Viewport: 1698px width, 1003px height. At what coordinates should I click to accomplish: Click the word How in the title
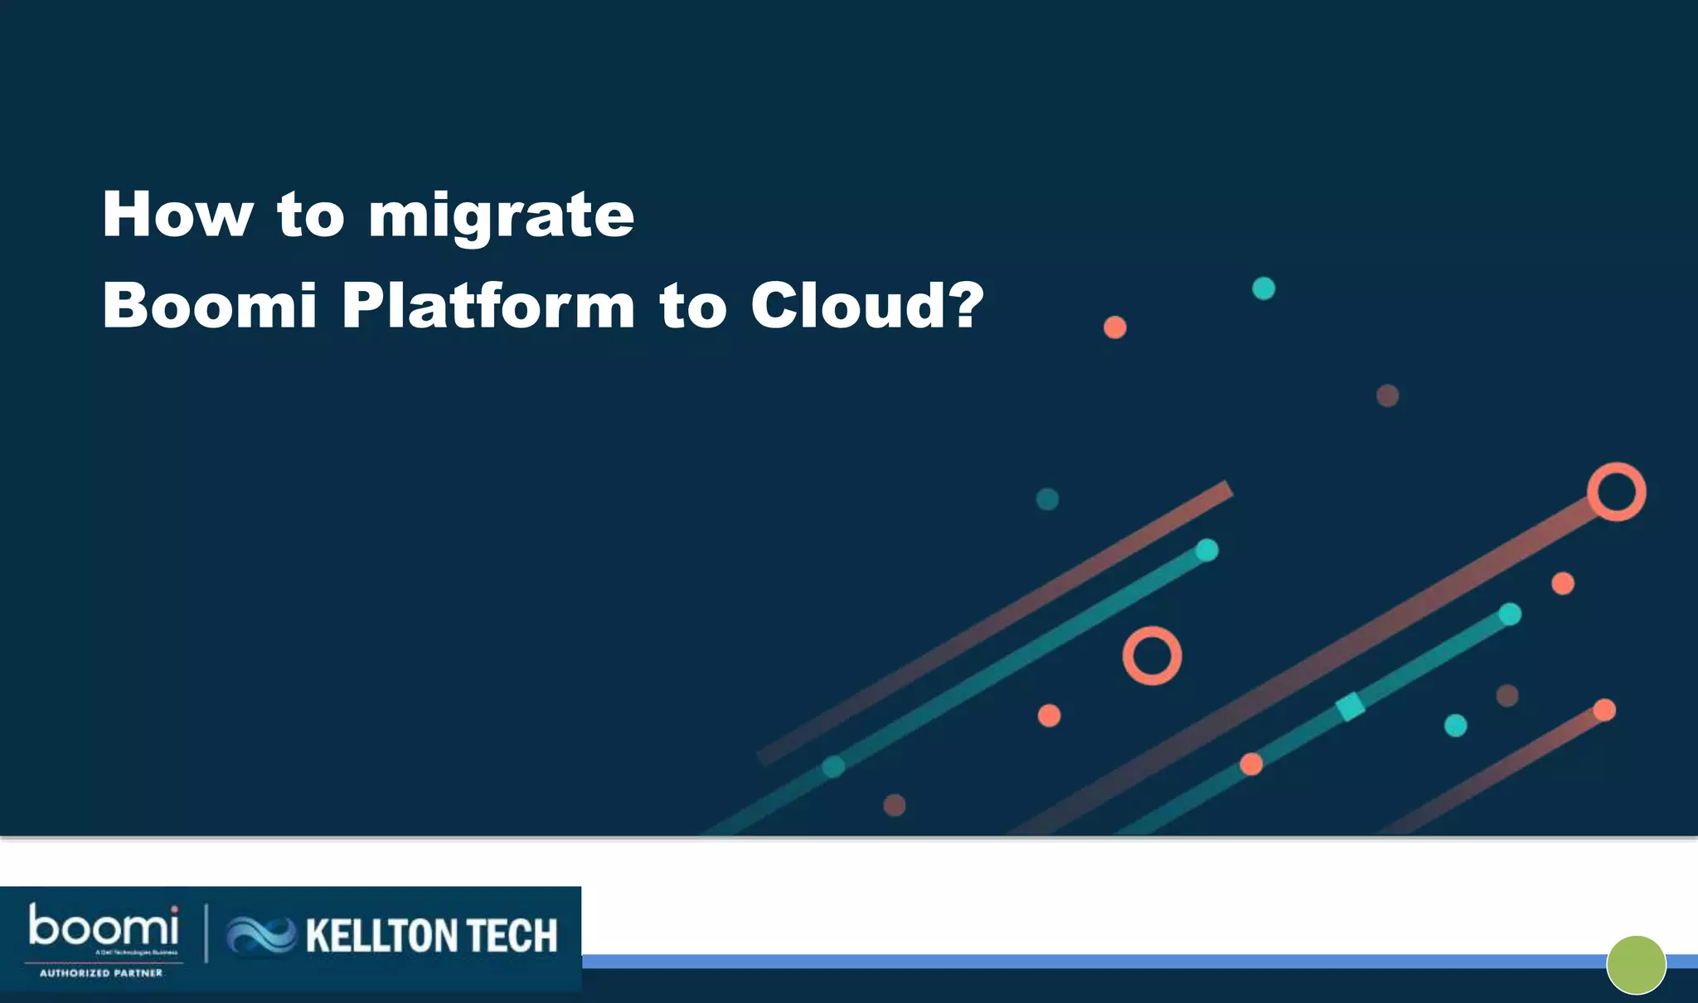(x=177, y=215)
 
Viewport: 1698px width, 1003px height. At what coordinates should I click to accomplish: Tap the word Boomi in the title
(x=210, y=306)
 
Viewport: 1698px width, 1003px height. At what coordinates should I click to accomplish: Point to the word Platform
(x=488, y=306)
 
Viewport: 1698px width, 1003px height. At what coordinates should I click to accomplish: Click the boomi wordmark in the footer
(x=104, y=927)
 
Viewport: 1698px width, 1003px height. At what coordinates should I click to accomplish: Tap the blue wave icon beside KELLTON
(x=261, y=935)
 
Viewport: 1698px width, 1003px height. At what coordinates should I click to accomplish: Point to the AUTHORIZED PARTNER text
(x=101, y=973)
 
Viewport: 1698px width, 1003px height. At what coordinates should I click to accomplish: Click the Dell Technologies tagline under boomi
(x=136, y=952)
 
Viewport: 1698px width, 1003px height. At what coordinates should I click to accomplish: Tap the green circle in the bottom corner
(x=1636, y=965)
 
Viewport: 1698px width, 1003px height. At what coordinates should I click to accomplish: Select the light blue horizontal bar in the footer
(x=1078, y=962)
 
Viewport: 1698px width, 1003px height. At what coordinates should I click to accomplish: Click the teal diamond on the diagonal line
(x=1351, y=706)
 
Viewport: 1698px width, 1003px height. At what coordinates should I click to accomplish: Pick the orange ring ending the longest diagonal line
(x=1616, y=492)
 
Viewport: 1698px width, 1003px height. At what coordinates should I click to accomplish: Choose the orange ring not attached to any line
(x=1152, y=655)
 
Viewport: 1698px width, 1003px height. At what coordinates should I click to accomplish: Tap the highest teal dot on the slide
(x=1263, y=288)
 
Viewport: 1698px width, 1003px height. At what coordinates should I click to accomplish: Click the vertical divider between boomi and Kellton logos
(x=206, y=933)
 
